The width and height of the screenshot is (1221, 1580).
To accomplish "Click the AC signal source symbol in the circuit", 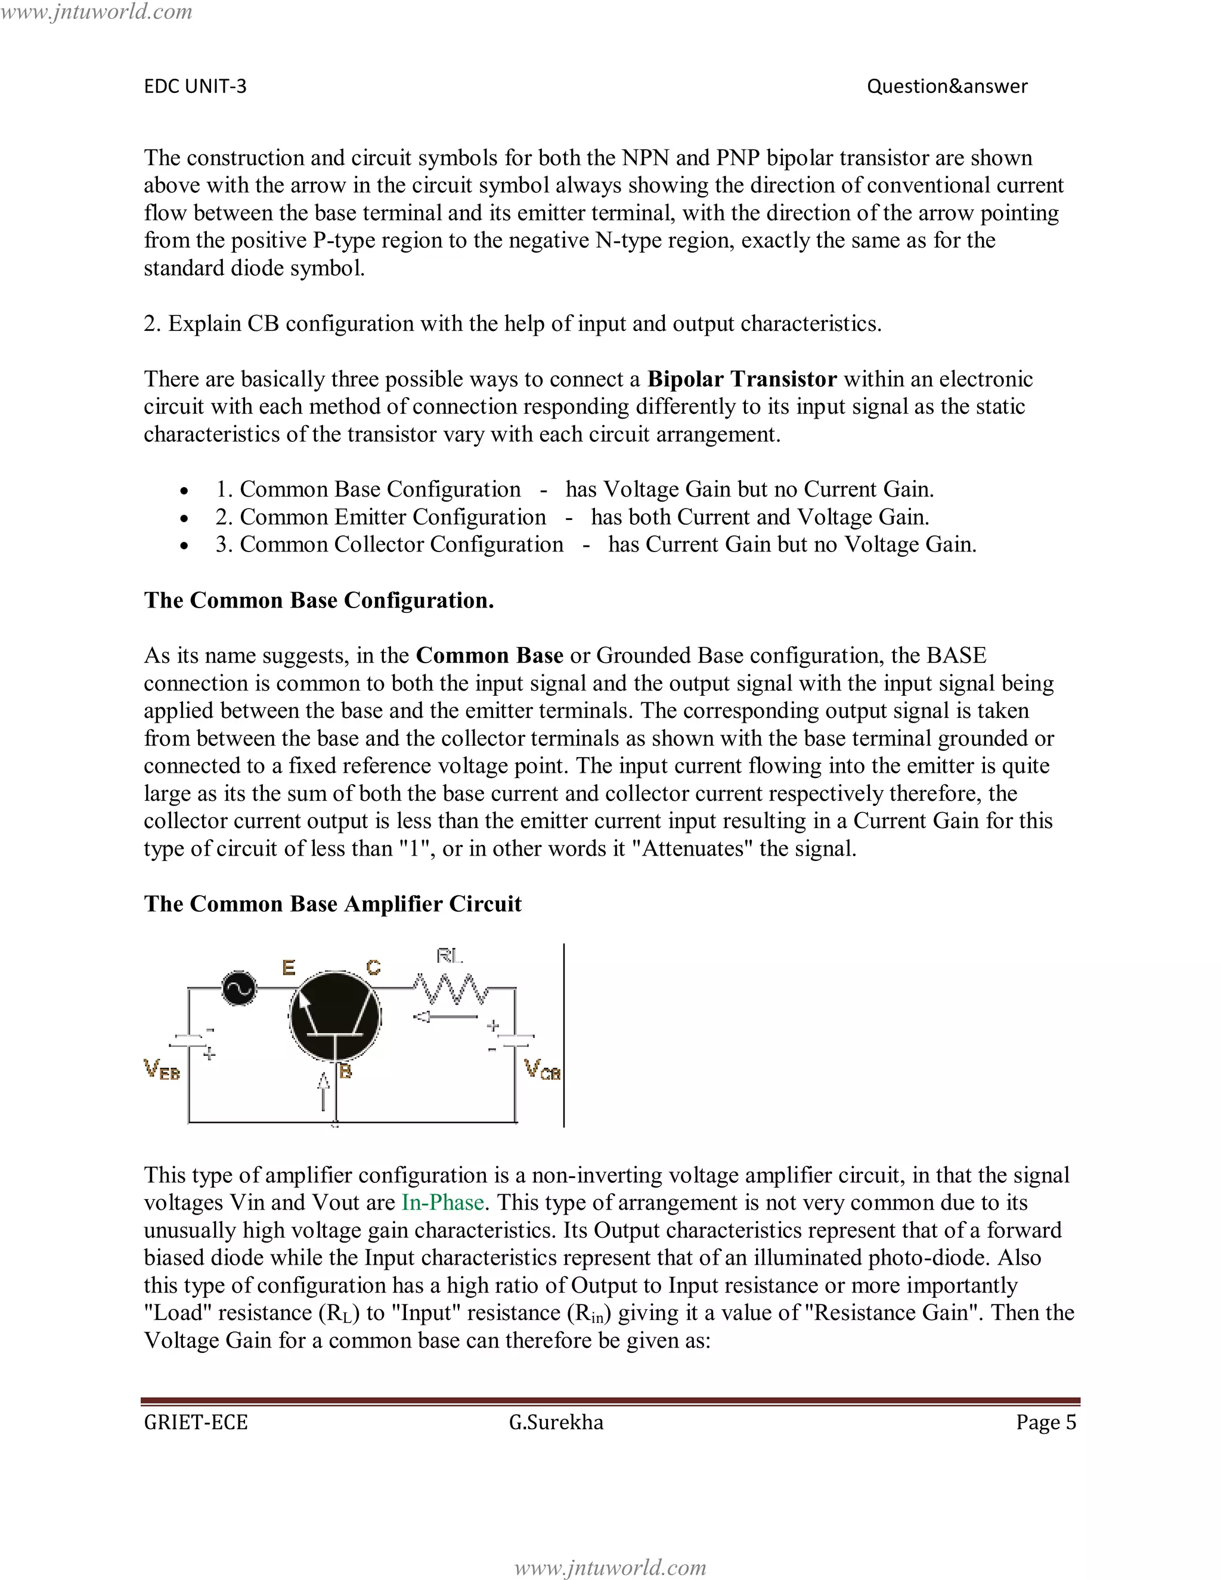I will (238, 988).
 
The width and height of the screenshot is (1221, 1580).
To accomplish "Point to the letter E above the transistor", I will (289, 967).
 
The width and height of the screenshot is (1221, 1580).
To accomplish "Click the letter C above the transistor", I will (373, 967).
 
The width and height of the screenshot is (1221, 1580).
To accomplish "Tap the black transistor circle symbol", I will (335, 1017).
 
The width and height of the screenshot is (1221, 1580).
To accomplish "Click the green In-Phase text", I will (443, 1203).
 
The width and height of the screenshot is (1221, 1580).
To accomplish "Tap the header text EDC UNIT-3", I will (196, 86).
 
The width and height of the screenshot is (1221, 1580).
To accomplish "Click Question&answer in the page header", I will (947, 86).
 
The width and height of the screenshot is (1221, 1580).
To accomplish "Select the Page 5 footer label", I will (1046, 1422).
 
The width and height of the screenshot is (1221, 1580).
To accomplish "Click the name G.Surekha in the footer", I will (556, 1422).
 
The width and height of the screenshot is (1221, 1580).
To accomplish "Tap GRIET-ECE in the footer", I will (196, 1422).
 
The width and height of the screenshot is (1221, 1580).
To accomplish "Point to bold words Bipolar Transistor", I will (742, 379).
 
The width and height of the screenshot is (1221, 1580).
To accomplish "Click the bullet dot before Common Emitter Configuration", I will (185, 519).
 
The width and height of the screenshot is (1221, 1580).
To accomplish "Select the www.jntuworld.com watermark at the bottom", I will (610, 1567).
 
